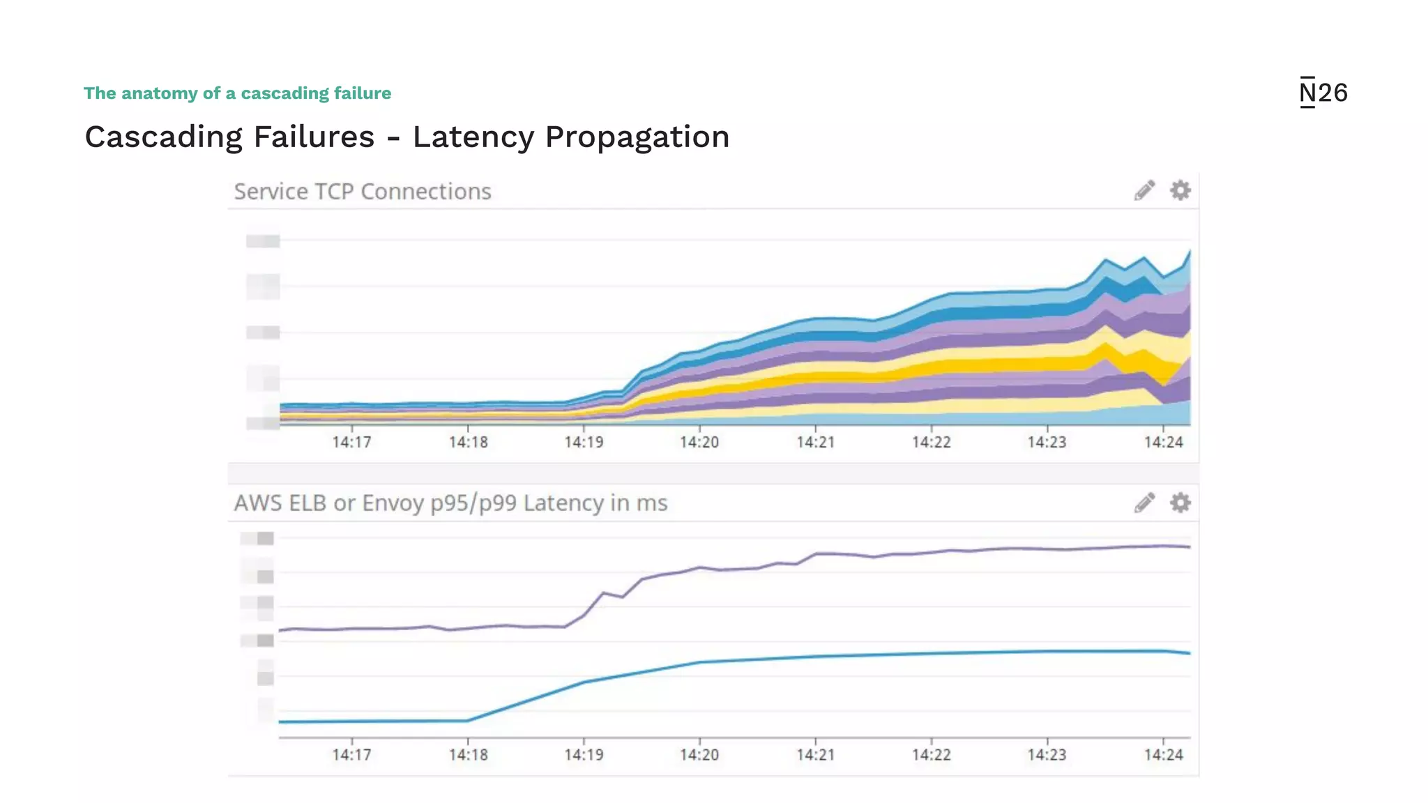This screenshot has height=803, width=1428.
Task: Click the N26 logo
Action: pyautogui.click(x=1323, y=93)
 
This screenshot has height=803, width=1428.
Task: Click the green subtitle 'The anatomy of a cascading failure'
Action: pyautogui.click(x=237, y=93)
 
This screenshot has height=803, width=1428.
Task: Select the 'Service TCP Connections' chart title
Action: pyautogui.click(x=363, y=192)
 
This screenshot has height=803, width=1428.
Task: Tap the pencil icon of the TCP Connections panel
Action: pyautogui.click(x=1144, y=190)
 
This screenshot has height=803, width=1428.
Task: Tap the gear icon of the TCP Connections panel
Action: pyautogui.click(x=1180, y=190)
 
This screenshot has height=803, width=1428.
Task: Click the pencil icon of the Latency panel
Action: pyautogui.click(x=1144, y=503)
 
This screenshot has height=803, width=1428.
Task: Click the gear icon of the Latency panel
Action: pyautogui.click(x=1180, y=503)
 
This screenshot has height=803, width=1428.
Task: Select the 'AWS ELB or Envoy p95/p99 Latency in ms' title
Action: pyautogui.click(x=450, y=503)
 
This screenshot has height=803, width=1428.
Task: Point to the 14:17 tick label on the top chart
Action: pyautogui.click(x=351, y=443)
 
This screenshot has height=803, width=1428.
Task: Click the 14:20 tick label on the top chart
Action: pyautogui.click(x=699, y=443)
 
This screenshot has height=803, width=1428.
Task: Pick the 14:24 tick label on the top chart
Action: pyautogui.click(x=1163, y=443)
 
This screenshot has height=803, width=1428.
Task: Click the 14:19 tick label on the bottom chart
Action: pyautogui.click(x=584, y=755)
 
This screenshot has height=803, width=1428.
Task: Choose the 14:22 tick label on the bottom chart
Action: pyautogui.click(x=932, y=755)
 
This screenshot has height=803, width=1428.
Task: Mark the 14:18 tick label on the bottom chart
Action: pyautogui.click(x=468, y=755)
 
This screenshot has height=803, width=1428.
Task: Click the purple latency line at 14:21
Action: pyautogui.click(x=816, y=554)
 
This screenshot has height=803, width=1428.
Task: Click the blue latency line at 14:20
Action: pyautogui.click(x=699, y=662)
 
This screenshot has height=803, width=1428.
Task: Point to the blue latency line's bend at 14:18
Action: pyautogui.click(x=468, y=720)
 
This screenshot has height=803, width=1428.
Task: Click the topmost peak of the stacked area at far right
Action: pyautogui.click(x=1189, y=252)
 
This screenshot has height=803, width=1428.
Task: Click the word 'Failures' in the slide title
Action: pyautogui.click(x=314, y=137)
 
